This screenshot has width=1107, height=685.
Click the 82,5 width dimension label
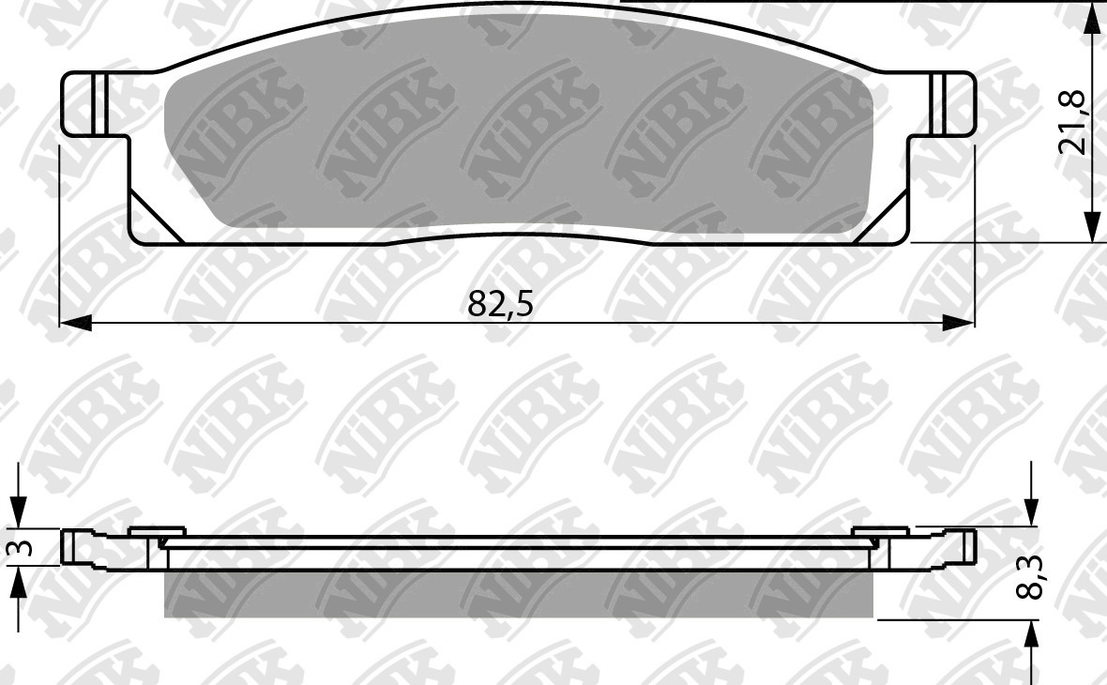coord(499,304)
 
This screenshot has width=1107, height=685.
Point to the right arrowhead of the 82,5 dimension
coord(959,323)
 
